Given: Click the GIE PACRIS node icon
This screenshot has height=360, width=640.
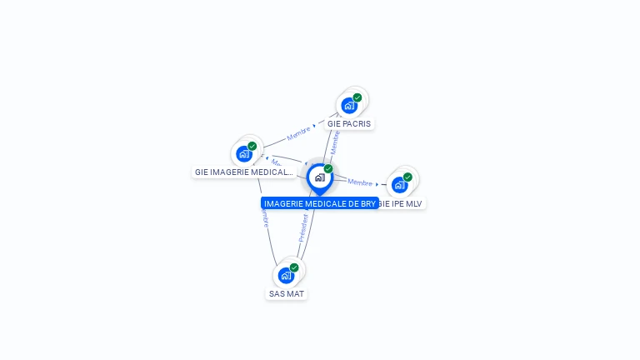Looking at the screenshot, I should (349, 105).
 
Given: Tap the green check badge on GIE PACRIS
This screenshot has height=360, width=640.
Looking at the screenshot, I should (357, 97).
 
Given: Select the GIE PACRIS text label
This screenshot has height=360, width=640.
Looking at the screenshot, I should (349, 124).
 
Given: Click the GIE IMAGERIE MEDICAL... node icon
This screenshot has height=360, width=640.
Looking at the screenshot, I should (244, 153).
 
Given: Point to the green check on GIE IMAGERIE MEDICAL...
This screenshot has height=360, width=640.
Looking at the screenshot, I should (252, 146).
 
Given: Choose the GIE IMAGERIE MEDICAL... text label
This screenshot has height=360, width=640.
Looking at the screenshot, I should (244, 172).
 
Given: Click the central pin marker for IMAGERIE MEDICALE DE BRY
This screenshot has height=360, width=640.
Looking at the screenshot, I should (319, 177).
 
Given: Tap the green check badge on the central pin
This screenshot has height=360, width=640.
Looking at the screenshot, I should (328, 169).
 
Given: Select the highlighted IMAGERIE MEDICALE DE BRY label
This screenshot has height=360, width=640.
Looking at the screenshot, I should (320, 203).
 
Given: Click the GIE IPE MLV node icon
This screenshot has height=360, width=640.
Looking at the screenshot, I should (400, 184).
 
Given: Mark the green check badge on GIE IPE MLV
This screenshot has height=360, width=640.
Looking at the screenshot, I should (408, 177).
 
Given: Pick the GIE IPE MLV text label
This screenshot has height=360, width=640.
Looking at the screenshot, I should (402, 203).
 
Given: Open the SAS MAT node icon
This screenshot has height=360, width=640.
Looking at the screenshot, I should (287, 275).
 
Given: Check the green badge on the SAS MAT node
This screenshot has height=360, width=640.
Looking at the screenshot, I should (294, 267).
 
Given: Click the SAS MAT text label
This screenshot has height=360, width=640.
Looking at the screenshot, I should (287, 294).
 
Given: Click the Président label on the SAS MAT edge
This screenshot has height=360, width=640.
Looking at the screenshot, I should (303, 227).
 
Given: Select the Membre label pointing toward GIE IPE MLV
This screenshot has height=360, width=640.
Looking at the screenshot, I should (360, 182).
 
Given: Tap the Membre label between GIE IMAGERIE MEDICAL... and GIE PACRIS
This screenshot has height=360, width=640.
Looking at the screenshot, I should (298, 132).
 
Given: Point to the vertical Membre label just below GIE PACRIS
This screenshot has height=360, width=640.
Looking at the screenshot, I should (335, 142).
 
